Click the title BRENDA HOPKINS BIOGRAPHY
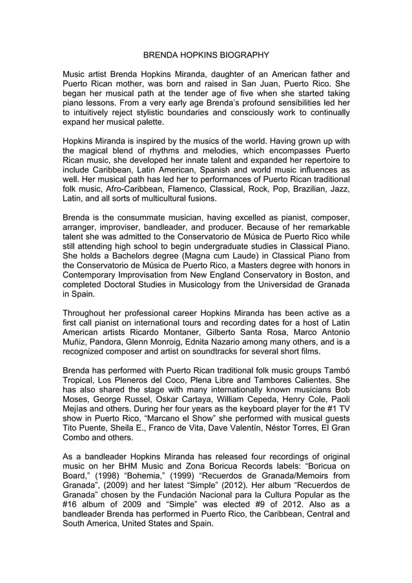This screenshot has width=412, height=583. pos(205,56)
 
